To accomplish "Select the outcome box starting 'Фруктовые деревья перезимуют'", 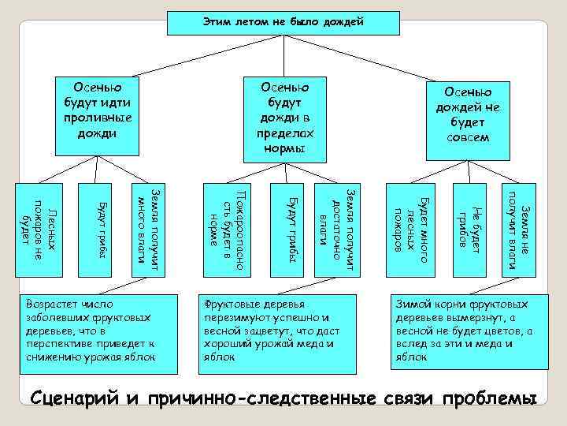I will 279,331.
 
